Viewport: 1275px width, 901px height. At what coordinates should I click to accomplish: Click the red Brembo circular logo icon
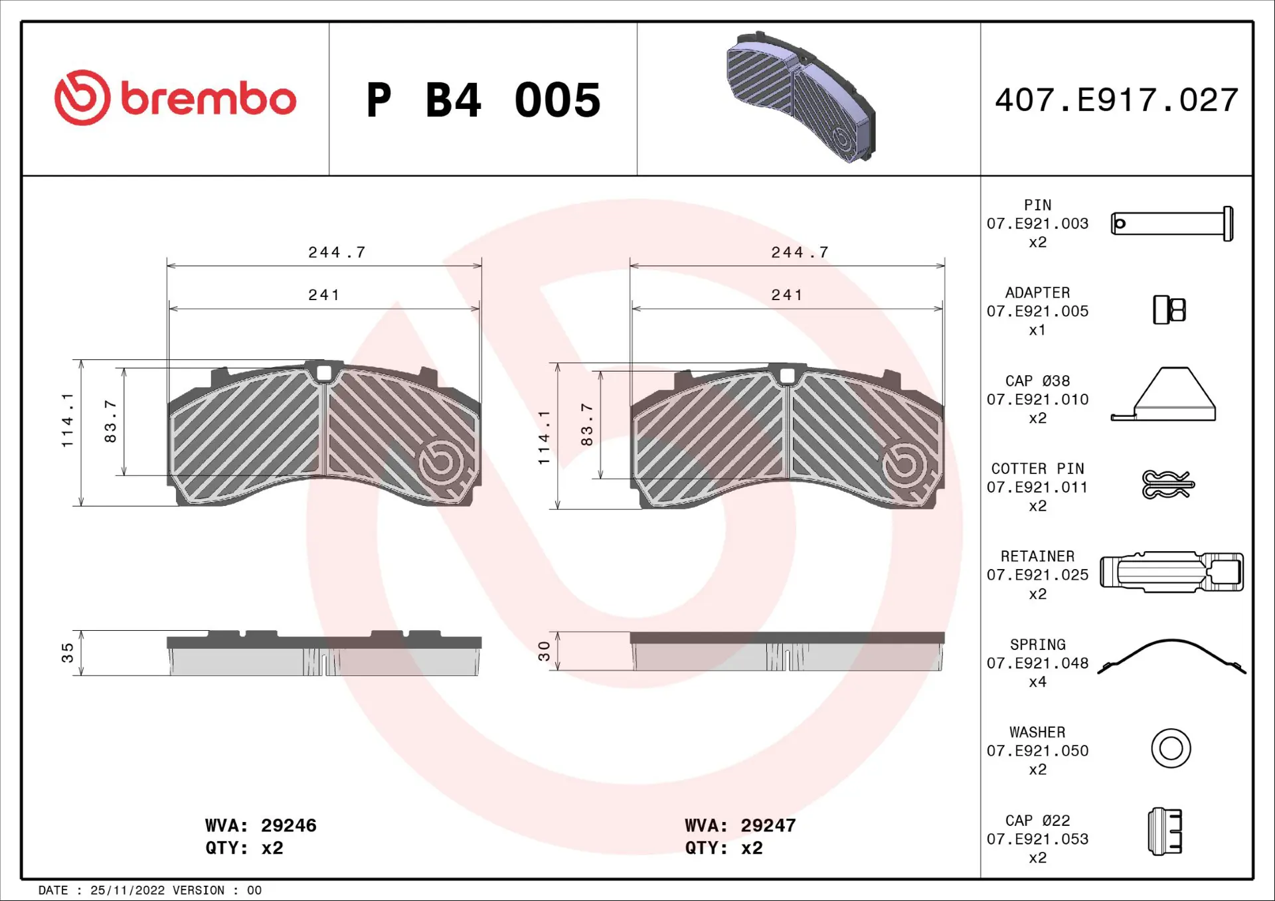click(82, 98)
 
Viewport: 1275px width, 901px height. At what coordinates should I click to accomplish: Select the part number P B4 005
click(483, 100)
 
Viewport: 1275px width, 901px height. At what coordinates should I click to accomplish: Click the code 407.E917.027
click(1116, 100)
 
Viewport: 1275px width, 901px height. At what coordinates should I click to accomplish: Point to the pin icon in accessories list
click(1172, 224)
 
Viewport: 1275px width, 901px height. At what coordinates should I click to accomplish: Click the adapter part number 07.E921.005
click(1037, 311)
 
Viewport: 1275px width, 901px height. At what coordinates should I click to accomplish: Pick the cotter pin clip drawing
click(1167, 485)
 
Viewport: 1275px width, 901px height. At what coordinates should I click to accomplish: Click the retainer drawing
click(1171, 572)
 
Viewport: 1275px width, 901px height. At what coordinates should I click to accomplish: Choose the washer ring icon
click(1171, 748)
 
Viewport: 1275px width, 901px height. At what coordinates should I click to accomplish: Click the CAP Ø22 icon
click(1165, 831)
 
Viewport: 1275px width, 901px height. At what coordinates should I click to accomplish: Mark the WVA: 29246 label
click(260, 825)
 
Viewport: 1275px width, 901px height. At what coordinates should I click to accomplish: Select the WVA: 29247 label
click(740, 825)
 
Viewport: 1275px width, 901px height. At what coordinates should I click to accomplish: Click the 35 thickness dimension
click(68, 653)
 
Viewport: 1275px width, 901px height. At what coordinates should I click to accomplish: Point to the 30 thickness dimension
click(544, 651)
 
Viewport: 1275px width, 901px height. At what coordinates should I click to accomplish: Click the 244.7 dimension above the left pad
click(337, 252)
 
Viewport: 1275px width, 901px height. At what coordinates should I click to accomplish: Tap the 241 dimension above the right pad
click(787, 295)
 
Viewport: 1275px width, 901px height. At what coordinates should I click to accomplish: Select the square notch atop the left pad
click(324, 373)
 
